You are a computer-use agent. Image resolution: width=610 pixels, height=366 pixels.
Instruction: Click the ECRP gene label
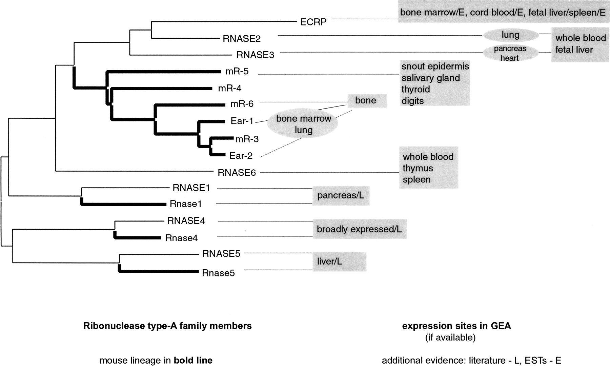click(313, 22)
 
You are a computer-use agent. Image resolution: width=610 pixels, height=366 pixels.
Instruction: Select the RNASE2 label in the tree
click(242, 39)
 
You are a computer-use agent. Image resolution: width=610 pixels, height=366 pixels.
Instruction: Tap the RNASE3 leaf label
click(255, 55)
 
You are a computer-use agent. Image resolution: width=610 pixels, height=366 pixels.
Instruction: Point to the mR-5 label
click(237, 71)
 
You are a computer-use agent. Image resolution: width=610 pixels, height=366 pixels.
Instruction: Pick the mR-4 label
click(230, 88)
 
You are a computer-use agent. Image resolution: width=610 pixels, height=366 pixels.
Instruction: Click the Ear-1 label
click(242, 121)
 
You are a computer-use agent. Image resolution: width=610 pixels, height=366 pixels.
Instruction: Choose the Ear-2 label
click(241, 155)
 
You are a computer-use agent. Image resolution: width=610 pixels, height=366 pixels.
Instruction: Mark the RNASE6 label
click(237, 173)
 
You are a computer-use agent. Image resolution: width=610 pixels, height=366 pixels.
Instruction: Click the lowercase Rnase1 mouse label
click(186, 204)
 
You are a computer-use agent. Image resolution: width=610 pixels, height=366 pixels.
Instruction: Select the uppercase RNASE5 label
click(221, 253)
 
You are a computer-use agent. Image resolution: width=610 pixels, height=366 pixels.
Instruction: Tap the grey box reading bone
click(366, 100)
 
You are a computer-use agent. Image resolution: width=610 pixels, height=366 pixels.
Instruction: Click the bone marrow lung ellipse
click(303, 124)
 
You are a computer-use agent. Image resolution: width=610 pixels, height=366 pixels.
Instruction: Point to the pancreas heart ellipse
click(510, 53)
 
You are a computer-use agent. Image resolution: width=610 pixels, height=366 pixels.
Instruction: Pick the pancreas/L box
click(341, 196)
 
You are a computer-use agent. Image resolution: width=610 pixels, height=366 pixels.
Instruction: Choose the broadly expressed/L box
click(359, 229)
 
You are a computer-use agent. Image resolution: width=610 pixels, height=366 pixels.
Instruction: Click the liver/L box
click(339, 261)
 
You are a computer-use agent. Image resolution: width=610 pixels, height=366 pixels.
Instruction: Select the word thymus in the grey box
click(418, 168)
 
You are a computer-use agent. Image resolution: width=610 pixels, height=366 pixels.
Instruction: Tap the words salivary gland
click(431, 78)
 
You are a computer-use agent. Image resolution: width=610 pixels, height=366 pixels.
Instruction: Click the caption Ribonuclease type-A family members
click(167, 326)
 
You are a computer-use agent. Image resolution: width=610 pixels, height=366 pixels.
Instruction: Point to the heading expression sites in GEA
click(456, 326)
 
